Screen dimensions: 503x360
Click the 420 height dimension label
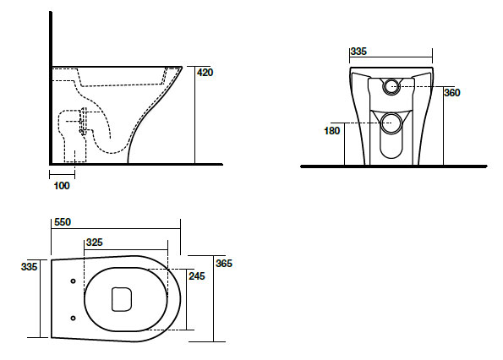coord(205,73)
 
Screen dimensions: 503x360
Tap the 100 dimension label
coord(62,186)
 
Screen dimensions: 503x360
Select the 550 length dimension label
coord(63,222)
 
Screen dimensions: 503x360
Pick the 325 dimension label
coord(95,243)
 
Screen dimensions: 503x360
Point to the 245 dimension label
coord(197,276)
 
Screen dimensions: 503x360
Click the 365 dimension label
coord(224,264)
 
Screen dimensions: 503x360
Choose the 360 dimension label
coord(452,93)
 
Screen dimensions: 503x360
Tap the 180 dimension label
coord(331,131)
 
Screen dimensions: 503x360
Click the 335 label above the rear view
coord(358,52)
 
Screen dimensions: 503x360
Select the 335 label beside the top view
coord(30,267)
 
